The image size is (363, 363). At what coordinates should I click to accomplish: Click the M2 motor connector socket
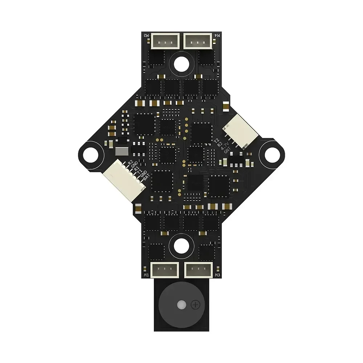[165, 40]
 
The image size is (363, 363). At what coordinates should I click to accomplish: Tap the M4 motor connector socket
[198, 40]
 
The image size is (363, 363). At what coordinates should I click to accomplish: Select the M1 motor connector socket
[165, 270]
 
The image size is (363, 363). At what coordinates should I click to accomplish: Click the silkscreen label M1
[146, 275]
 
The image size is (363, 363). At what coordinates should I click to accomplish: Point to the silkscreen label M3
[217, 275]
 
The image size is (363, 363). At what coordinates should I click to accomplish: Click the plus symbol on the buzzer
[196, 305]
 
